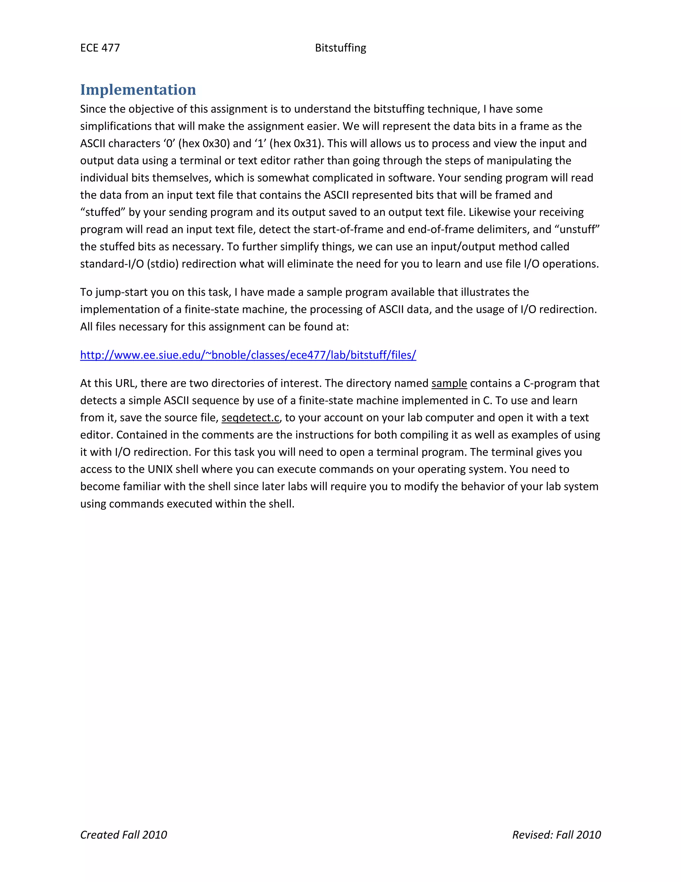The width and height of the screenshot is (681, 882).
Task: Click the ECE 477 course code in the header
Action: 100,48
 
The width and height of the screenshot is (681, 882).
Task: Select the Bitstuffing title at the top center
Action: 340,48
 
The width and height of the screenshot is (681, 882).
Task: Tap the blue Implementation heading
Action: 138,90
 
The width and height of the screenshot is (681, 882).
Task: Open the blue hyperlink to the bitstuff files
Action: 248,355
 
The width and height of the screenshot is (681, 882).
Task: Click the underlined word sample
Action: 449,383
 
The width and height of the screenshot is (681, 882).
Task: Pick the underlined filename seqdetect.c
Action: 250,418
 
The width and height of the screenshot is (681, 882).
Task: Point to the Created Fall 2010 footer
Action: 123,835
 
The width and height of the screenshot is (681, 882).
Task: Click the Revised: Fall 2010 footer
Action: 556,835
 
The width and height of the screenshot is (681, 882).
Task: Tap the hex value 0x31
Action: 305,143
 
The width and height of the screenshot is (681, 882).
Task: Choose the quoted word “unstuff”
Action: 577,229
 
